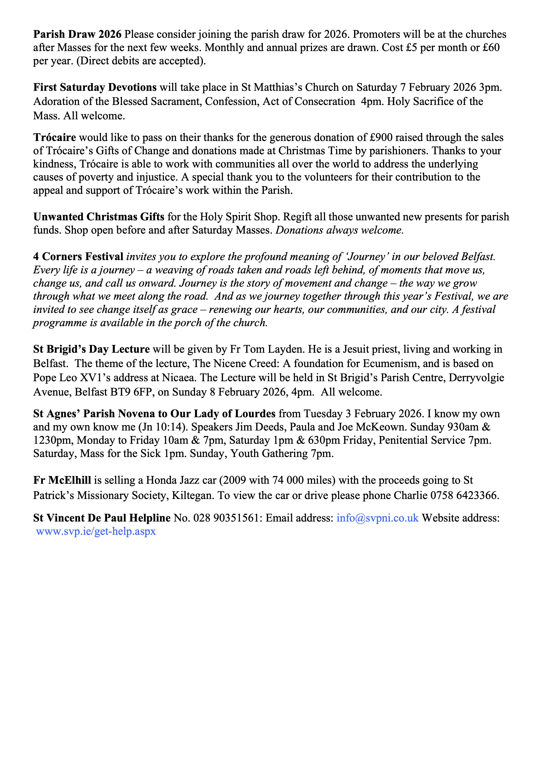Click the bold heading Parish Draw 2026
coord(77,34)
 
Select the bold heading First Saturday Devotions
coord(95,88)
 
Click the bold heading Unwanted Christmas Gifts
coord(99,217)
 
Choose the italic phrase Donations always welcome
coord(339,230)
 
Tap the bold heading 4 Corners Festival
coord(78,257)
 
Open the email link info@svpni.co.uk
coord(377,518)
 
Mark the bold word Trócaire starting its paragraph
coord(55,138)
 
